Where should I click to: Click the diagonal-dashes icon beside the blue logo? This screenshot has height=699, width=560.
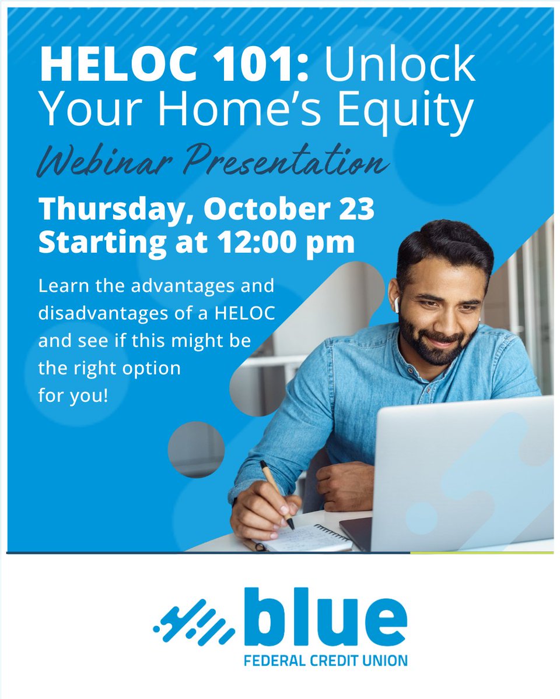[195, 622]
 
